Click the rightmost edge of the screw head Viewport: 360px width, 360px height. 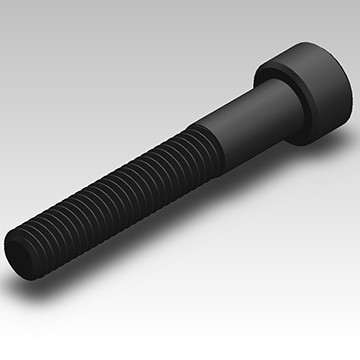(x=352, y=88)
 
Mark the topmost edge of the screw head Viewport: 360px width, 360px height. (x=300, y=41)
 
